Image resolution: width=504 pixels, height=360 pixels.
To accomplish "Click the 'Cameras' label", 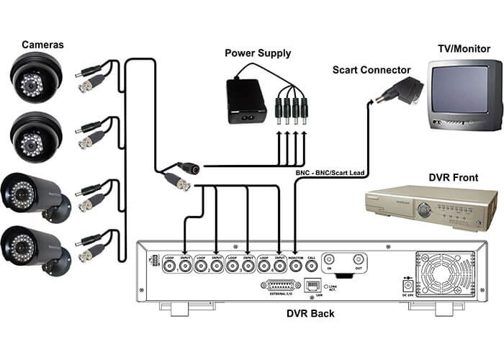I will tap(42, 45).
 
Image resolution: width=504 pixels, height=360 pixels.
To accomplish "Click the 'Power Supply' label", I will tap(258, 53).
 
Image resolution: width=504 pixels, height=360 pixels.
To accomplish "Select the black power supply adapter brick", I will tap(245, 100).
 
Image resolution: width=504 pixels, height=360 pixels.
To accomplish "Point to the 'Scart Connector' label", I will tap(372, 70).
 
